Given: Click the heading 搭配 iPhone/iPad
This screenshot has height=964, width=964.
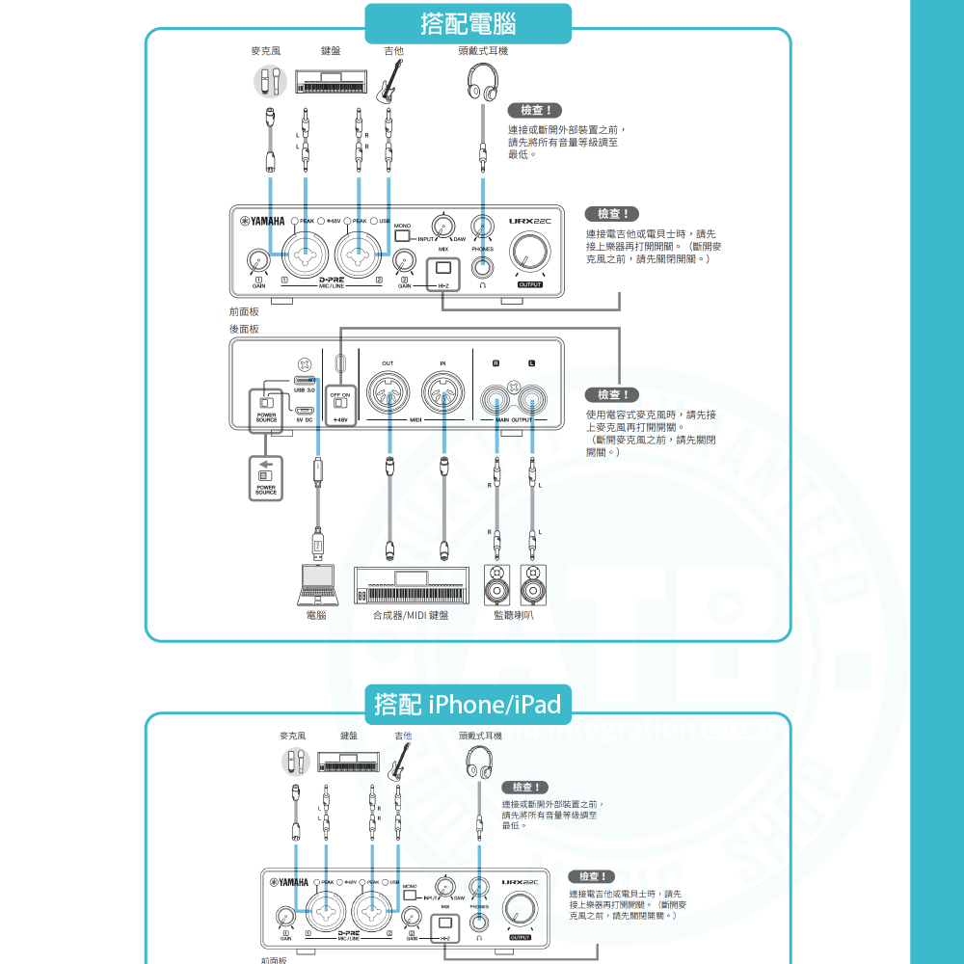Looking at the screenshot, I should [x=468, y=705].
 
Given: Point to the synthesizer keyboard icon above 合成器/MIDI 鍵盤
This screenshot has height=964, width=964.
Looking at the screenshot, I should [x=415, y=585].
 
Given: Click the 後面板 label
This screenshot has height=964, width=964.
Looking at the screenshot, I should [x=244, y=329].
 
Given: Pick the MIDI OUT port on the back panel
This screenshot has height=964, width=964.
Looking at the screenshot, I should [x=388, y=395].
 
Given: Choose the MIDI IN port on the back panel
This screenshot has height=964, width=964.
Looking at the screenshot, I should [x=443, y=395].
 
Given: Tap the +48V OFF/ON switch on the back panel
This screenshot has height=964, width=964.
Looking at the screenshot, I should [x=340, y=402].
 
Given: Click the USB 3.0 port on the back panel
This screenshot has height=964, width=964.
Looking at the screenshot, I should [x=305, y=381].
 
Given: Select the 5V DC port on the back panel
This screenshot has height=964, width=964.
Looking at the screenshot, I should [x=305, y=410].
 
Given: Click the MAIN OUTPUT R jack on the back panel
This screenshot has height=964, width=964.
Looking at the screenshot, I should [x=496, y=395].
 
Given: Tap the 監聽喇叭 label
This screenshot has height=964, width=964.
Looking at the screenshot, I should [x=513, y=615].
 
